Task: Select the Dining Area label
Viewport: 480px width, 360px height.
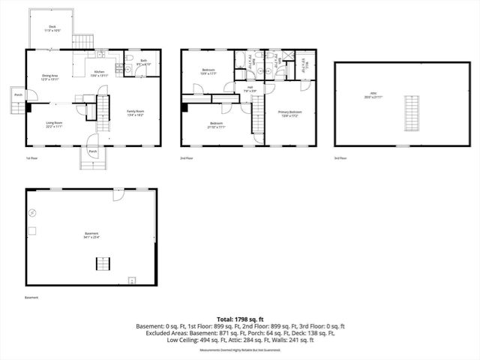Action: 50,77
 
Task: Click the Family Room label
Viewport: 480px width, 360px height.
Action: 136,112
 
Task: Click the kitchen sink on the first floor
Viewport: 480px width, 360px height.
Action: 100,54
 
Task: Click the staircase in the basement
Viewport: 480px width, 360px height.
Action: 101,262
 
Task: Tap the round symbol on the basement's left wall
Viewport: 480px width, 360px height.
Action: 31,213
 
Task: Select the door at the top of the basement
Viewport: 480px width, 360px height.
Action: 118,195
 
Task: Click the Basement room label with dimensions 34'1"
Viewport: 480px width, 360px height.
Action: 91,235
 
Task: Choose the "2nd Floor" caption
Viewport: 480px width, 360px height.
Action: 187,158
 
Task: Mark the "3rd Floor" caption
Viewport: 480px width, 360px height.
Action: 341,158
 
